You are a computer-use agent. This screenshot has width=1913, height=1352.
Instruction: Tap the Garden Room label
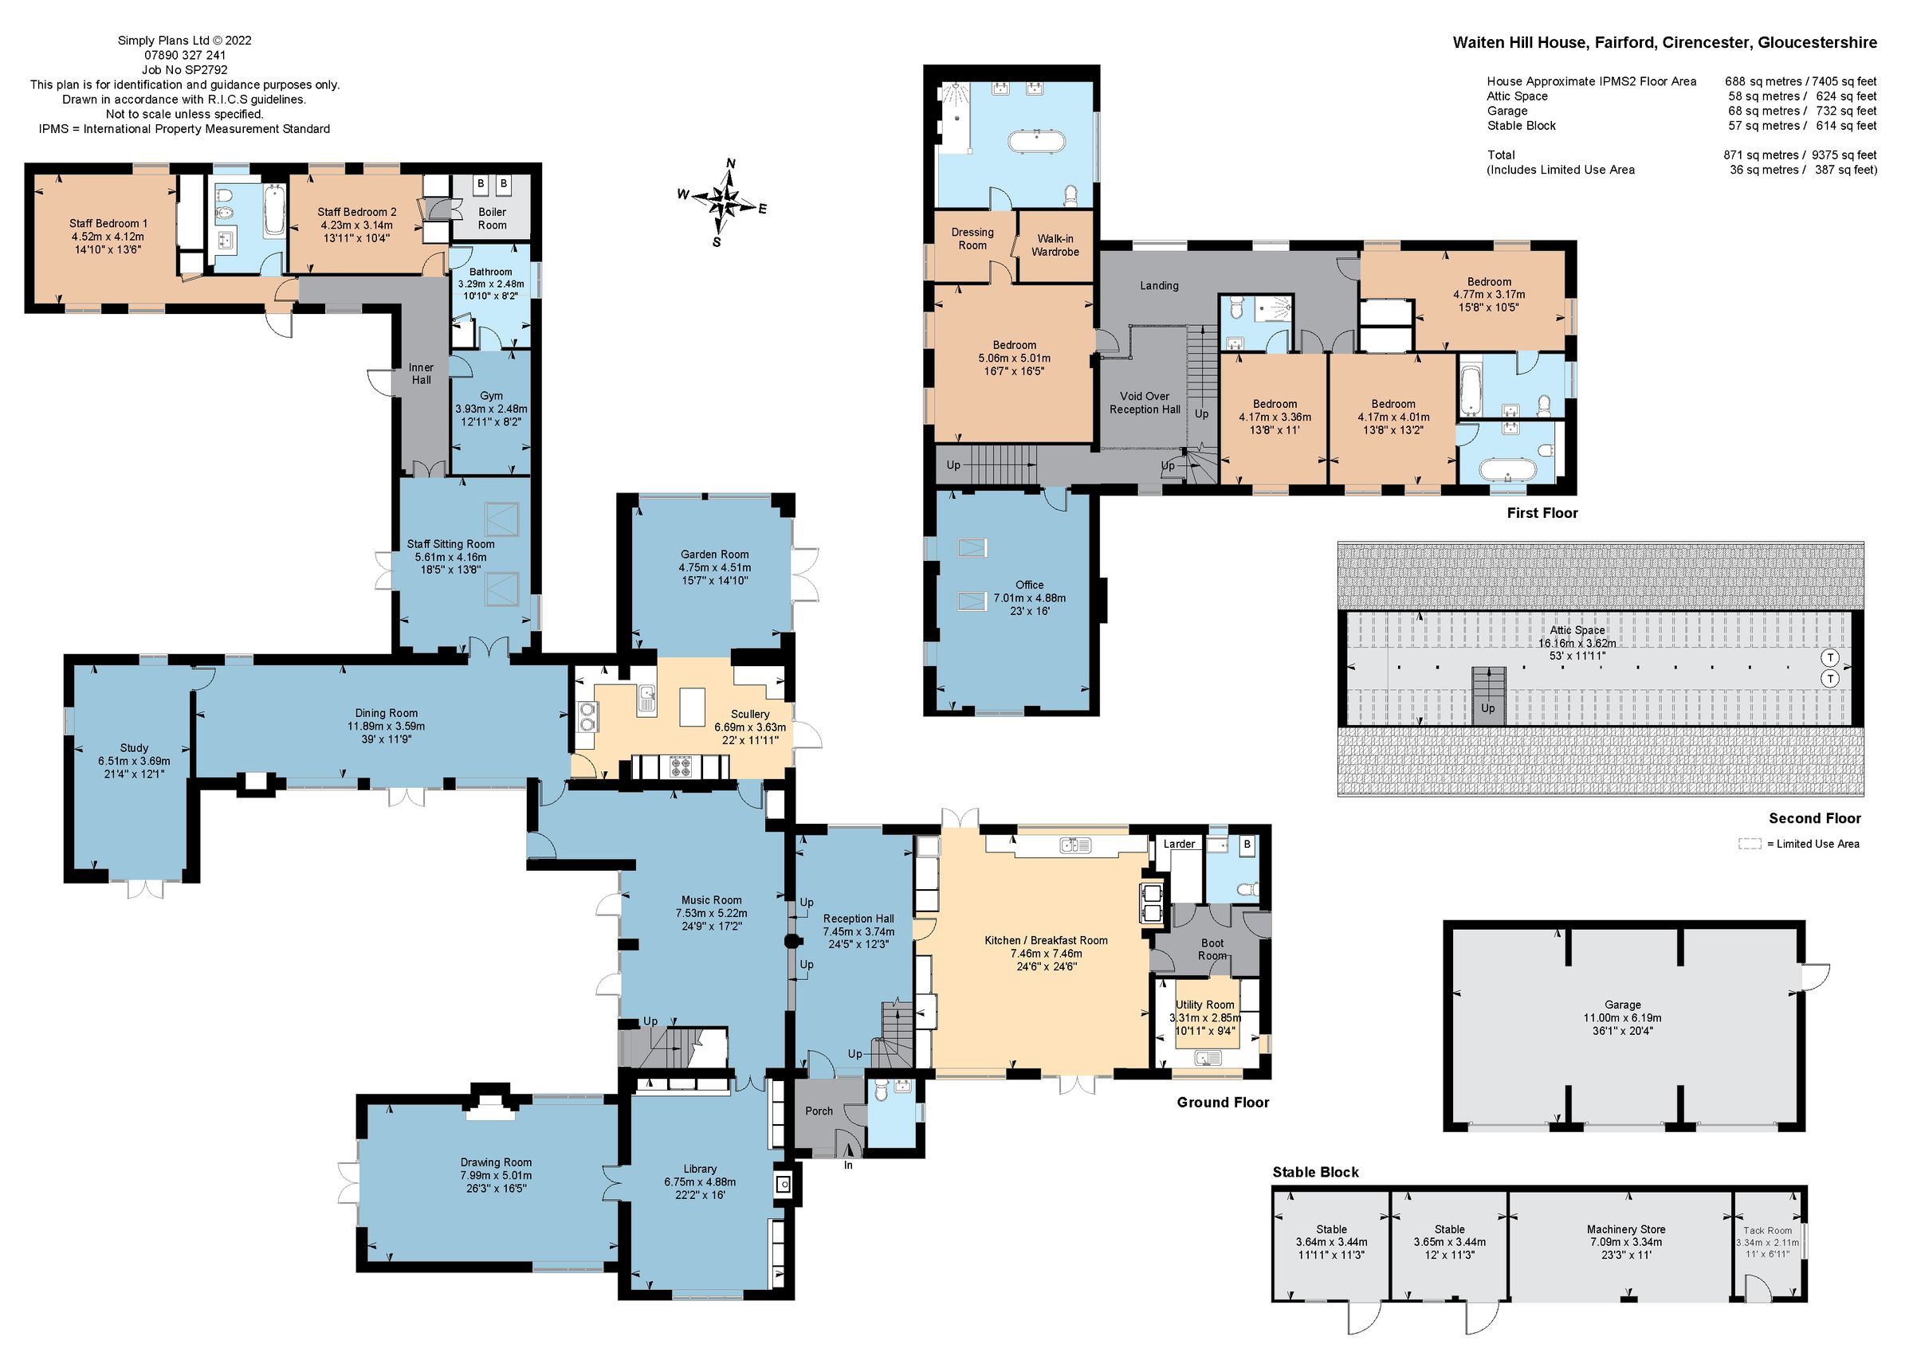pos(714,555)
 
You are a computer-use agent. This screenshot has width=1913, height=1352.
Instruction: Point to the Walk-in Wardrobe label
pos(1055,245)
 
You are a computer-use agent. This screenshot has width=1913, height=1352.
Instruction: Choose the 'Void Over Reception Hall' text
pos(1144,403)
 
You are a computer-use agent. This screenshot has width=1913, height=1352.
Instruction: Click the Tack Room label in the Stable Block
pos(1767,1230)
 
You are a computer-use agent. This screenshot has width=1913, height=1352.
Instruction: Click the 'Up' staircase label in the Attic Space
pos(1488,709)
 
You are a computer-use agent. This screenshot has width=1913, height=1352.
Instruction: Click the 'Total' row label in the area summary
pos(1501,155)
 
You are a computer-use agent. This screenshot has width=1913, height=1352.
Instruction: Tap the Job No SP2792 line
pos(184,70)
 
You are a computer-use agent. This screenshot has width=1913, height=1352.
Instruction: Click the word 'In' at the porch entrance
pos(848,1166)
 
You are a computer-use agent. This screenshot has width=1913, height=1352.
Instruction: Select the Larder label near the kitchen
pos(1179,844)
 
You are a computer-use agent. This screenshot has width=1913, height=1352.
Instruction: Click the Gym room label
pos(491,397)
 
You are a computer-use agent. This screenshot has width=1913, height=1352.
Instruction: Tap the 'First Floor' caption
pos(1542,513)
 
